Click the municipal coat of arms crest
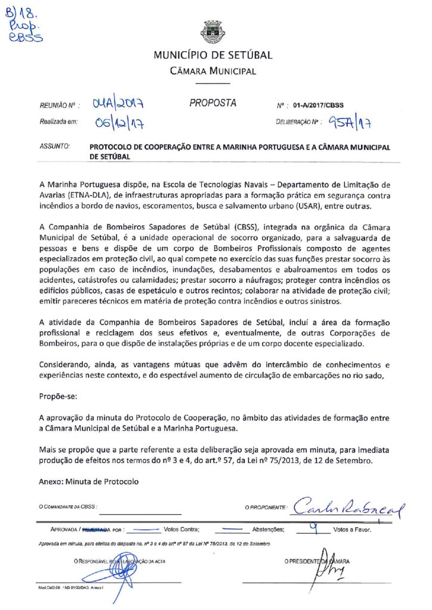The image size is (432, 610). [213, 32]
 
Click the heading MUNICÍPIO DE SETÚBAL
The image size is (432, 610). [213, 55]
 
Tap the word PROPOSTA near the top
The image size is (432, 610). [213, 103]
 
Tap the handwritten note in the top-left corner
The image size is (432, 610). [21, 24]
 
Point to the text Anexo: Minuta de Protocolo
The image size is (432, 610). [88, 481]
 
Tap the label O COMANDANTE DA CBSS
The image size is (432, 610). [67, 507]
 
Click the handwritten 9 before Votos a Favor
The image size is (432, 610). [313, 525]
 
